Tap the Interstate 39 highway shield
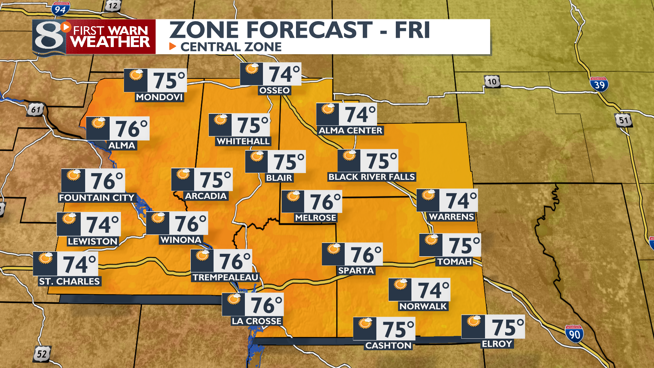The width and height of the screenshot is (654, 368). tap(599, 84)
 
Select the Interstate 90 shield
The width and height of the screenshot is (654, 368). tap(574, 334)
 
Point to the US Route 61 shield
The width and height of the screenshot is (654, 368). tap(36, 110)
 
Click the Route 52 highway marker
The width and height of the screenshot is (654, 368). tap(42, 354)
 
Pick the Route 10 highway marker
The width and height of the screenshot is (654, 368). tap(492, 82)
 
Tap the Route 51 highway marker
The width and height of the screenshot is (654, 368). tap(623, 120)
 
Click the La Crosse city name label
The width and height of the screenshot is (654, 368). tap(256, 321)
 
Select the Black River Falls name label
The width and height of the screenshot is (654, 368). tap(372, 177)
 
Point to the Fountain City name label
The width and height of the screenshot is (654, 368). tap(97, 198)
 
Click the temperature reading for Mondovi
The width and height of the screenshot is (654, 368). tap(169, 81)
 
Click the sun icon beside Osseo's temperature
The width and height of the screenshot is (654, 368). tap(252, 69)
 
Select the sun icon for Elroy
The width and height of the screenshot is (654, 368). tap(473, 321)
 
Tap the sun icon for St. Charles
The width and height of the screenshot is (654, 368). tap(45, 258)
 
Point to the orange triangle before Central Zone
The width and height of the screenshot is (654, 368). tap(173, 46)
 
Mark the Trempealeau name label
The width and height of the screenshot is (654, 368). tap(225, 277)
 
